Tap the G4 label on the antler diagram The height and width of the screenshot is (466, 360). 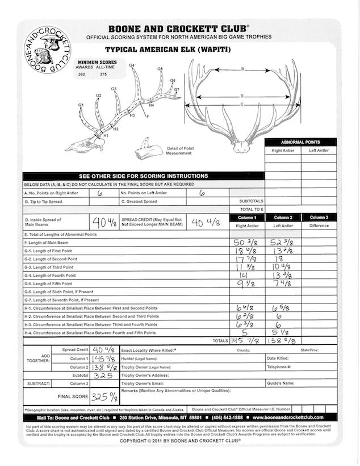click(x=132, y=66)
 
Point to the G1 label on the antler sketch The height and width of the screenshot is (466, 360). click(x=81, y=106)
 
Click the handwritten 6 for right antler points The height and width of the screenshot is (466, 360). click(x=100, y=193)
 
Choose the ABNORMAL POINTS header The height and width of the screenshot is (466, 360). click(x=300, y=142)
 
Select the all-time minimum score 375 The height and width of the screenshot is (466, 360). click(x=103, y=74)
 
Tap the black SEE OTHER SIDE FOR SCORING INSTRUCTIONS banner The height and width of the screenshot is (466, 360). click(x=144, y=177)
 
